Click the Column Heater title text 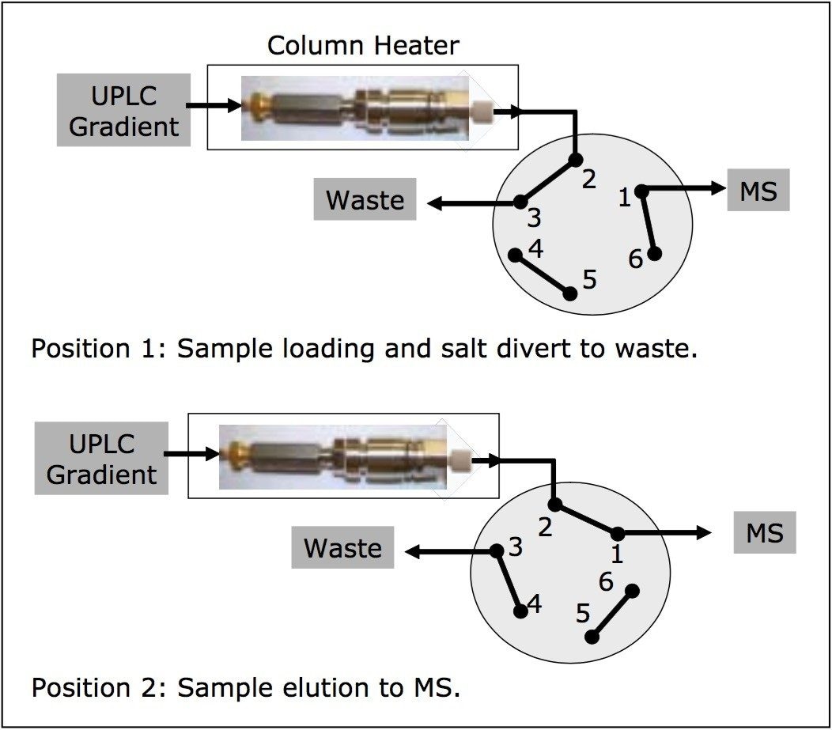tap(363, 45)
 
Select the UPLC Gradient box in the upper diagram tap(123, 111)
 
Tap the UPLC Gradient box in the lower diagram tap(101, 459)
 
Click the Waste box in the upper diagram tap(365, 200)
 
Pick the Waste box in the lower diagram tap(342, 548)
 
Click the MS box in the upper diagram tap(758, 191)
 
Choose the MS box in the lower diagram tap(763, 533)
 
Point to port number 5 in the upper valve tap(589, 279)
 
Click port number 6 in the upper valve tap(636, 259)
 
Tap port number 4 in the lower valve tap(535, 605)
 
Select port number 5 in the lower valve tap(583, 614)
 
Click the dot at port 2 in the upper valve tap(575, 160)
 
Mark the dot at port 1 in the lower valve tap(617, 534)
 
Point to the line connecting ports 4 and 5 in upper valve tap(543, 274)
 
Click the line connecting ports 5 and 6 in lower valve tap(614, 613)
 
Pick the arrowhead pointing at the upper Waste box tap(435, 204)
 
